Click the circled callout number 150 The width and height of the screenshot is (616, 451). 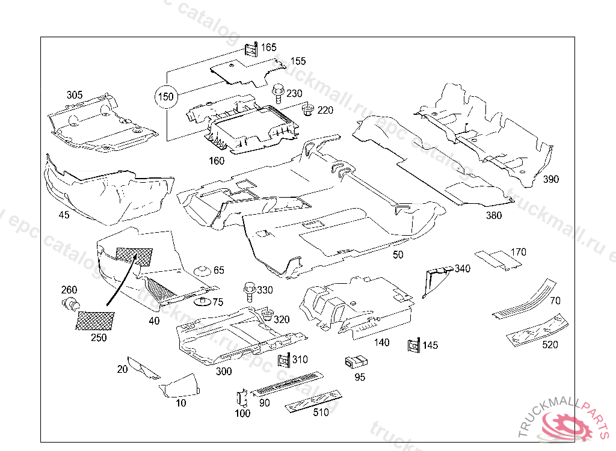click(165, 96)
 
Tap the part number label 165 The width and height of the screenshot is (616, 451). click(268, 47)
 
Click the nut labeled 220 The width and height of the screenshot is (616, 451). click(308, 109)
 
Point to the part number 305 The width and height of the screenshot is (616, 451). click(75, 95)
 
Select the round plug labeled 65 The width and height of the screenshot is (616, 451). click(203, 271)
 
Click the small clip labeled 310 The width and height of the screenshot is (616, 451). click(282, 360)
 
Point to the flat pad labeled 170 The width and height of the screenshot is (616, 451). click(499, 257)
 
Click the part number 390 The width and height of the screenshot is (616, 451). click(551, 179)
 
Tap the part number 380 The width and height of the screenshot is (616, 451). click(493, 216)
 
